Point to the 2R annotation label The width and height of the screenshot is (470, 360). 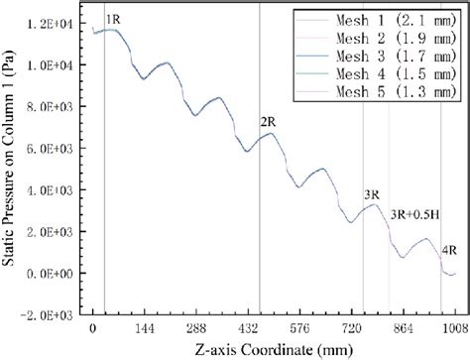(267, 121)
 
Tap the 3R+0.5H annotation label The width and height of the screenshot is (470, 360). (414, 213)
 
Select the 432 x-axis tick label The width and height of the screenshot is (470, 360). (247, 328)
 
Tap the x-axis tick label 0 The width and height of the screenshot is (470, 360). (92, 328)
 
